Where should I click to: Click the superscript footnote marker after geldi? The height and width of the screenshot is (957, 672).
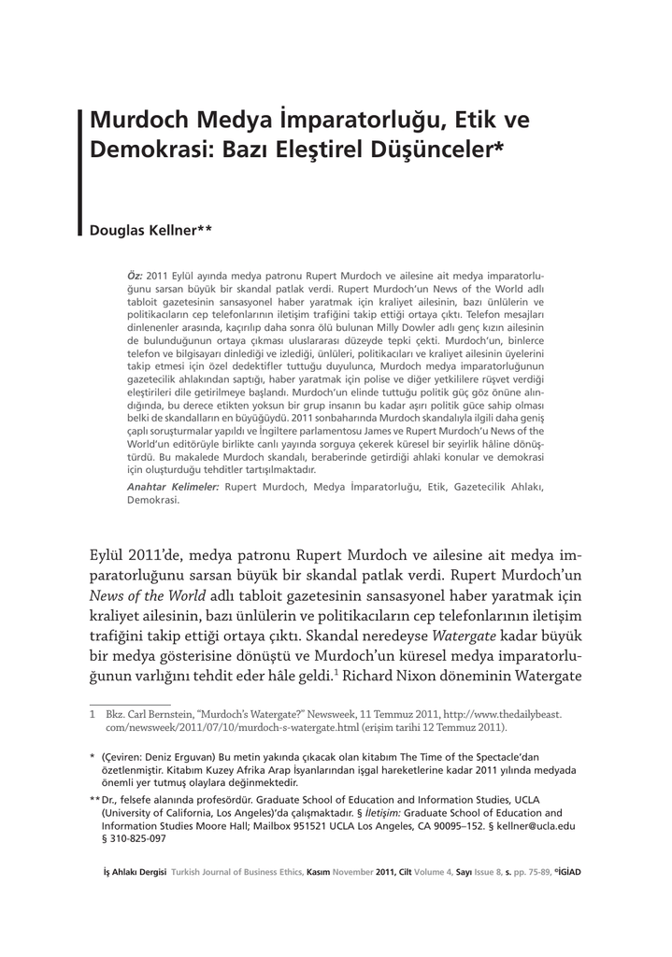coord(336,671)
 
